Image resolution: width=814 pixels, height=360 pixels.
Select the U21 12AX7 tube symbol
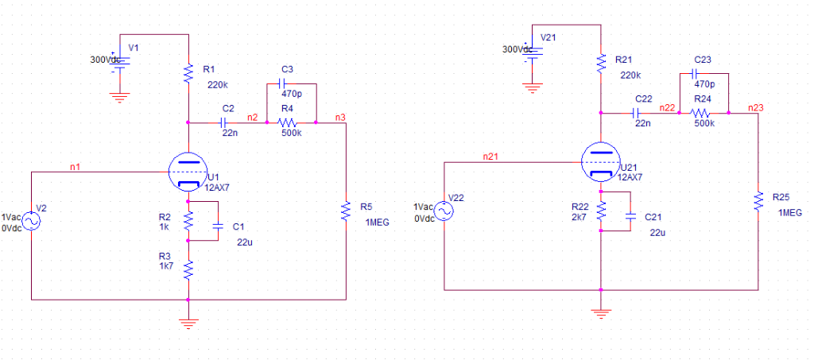tap(602, 161)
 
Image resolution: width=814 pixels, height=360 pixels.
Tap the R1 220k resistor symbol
tap(188, 74)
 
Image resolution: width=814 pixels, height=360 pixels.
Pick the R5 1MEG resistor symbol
tap(346, 211)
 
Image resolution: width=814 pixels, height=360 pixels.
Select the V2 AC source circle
tap(31, 220)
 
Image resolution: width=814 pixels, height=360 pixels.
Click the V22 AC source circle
tap(442, 211)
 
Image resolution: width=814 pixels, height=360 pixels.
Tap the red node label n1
tap(75, 166)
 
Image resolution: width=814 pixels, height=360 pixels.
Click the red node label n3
tap(340, 118)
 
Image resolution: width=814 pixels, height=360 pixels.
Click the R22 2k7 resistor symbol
tap(602, 210)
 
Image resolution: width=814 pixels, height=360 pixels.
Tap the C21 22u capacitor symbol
tap(630, 215)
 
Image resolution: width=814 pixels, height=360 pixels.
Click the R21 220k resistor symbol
tap(602, 63)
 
